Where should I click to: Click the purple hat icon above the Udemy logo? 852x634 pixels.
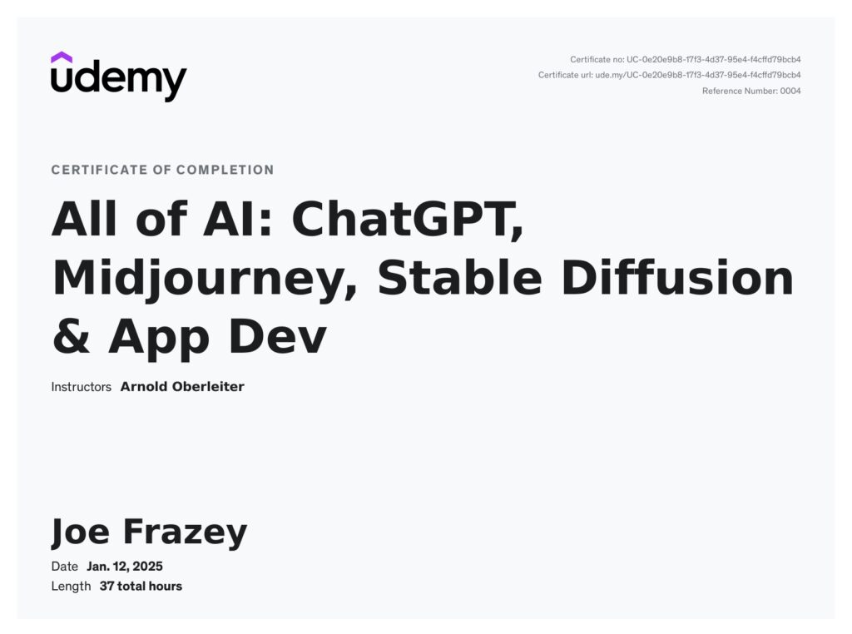click(62, 57)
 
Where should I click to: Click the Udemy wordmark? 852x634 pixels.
click(118, 82)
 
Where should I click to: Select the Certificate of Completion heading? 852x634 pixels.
click(162, 170)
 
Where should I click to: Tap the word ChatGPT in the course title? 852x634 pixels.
click(408, 220)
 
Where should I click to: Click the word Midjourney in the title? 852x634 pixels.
click(205, 280)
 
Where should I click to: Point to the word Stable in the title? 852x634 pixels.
click(459, 277)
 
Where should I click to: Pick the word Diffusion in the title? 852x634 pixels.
click(677, 277)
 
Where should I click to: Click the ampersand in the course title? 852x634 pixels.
click(72, 336)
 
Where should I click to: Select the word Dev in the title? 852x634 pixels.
click(278, 336)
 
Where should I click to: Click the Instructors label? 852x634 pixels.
click(81, 387)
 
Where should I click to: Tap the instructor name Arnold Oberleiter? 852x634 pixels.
click(182, 387)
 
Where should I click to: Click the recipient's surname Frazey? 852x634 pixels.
click(186, 532)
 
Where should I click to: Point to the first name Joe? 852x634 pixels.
click(80, 532)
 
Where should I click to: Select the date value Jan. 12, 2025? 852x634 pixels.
click(125, 566)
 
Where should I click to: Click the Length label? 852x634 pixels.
click(71, 587)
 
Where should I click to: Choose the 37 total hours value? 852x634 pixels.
click(141, 587)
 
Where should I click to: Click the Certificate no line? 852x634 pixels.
click(686, 59)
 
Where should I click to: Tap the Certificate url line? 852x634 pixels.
click(670, 75)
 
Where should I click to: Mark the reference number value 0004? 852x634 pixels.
click(790, 91)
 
